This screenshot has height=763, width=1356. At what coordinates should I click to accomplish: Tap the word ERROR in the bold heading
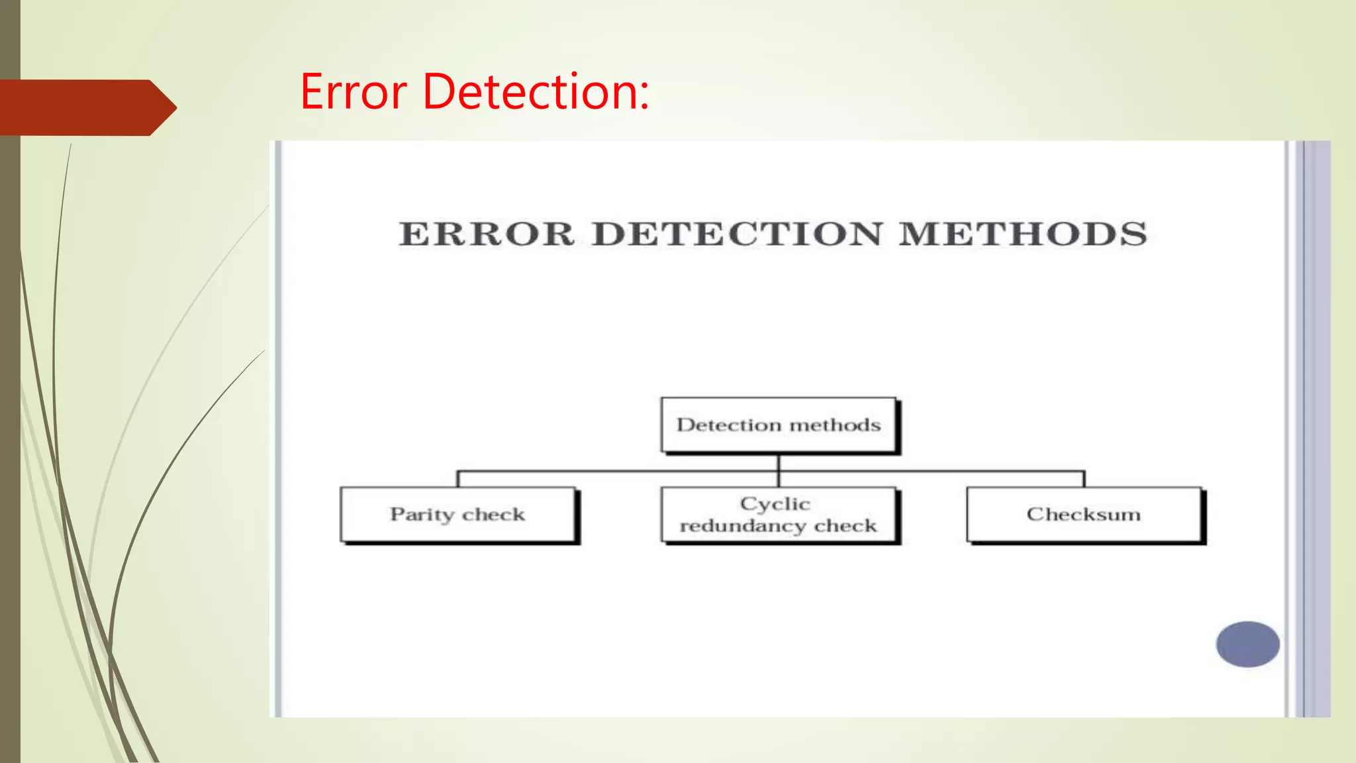(x=487, y=234)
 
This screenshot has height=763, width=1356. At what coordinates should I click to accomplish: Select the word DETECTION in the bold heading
(x=737, y=234)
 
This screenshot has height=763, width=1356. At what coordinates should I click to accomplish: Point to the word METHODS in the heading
(x=1022, y=234)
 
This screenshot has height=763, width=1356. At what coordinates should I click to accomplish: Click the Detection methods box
(x=779, y=425)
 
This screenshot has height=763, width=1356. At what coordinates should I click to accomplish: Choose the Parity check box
(x=458, y=515)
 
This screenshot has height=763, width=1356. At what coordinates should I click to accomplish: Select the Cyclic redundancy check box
(x=779, y=515)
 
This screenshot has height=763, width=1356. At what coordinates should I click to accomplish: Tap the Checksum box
(x=1084, y=515)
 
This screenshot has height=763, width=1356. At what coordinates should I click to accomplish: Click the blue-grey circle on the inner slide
(x=1247, y=644)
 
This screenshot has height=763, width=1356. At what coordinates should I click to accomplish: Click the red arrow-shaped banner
(x=86, y=107)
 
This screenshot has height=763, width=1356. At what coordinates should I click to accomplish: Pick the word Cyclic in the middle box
(x=775, y=504)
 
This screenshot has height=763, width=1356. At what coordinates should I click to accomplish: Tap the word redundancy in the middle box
(x=743, y=526)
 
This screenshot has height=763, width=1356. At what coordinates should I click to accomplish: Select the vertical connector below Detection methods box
(x=779, y=463)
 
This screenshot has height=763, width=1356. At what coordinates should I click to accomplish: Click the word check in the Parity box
(x=493, y=515)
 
